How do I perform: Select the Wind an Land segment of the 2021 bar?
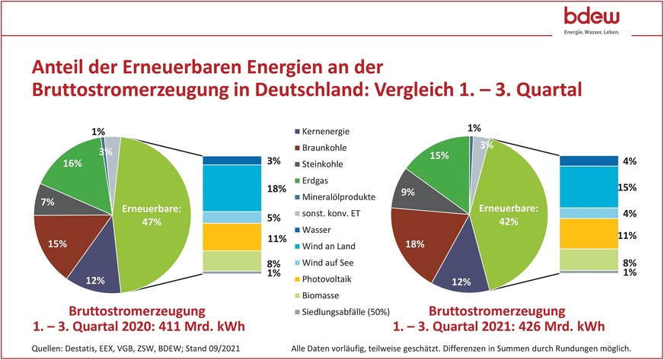tap(589, 187)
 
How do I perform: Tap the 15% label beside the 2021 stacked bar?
tap(626, 187)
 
